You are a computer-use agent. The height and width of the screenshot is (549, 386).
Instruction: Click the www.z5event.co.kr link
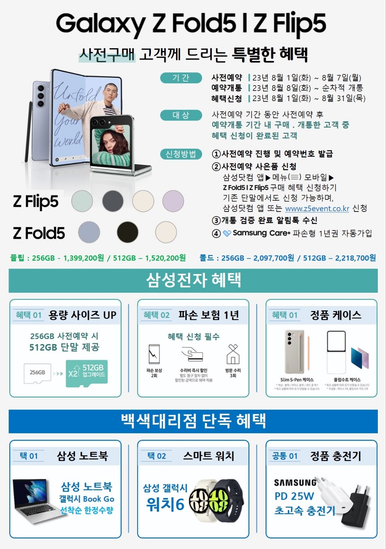317,209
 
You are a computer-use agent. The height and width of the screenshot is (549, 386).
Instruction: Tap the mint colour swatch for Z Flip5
82,201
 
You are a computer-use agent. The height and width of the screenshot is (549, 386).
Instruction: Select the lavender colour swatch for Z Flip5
173,201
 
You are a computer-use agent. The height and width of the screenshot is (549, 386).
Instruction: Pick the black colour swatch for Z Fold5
128,232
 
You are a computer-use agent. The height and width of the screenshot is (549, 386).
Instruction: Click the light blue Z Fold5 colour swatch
89,232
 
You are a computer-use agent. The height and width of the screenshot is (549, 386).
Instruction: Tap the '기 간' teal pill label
181,78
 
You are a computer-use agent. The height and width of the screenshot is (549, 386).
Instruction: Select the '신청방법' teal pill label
181,154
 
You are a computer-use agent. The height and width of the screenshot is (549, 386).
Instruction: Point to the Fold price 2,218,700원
355,258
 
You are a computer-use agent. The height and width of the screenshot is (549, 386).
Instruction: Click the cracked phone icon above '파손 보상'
154,354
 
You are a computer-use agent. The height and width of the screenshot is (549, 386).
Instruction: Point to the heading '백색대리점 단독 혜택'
193,421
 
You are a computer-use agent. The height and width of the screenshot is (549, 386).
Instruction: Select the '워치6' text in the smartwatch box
165,504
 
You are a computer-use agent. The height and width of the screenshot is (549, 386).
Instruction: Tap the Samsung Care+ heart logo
227,234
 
